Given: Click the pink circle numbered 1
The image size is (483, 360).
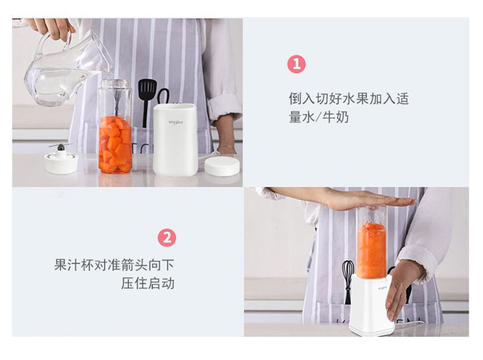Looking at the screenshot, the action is tap(296, 64).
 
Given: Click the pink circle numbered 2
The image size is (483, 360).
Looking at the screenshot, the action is tap(167, 238).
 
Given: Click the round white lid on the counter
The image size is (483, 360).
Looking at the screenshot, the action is tap(222, 167).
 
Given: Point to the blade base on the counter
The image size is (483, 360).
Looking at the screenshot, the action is tap(61, 160).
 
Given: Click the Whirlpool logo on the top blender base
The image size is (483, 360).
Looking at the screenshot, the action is tap(176, 122).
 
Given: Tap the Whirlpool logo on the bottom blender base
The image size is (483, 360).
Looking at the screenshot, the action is tap(383, 289).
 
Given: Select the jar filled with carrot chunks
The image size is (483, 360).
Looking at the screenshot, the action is tap(115, 126).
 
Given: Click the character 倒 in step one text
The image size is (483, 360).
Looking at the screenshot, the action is tap(295, 99).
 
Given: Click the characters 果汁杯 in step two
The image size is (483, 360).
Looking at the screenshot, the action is tap(74, 265).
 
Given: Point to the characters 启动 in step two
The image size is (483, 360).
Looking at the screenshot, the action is tap(161, 283).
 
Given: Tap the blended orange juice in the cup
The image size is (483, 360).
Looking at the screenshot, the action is tap(372, 249).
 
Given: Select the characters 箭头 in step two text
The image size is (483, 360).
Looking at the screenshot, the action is tap(135, 265).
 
